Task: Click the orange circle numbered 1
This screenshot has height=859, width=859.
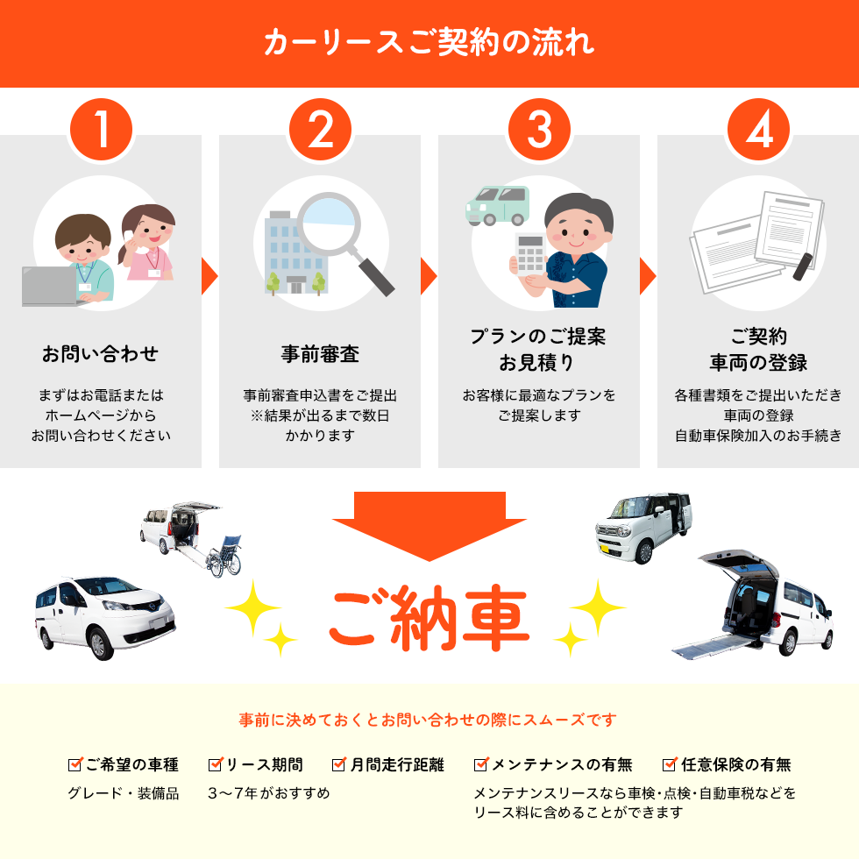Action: click(102, 130)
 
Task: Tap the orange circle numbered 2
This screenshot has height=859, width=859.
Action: click(321, 130)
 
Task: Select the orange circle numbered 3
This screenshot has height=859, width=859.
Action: click(540, 130)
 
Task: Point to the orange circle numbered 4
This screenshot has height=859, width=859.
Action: click(759, 130)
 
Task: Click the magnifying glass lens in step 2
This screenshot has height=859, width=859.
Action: click(329, 224)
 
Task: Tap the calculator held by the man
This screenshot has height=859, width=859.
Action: click(530, 253)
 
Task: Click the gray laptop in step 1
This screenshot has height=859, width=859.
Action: click(51, 287)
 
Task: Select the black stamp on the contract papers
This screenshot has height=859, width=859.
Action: click(803, 266)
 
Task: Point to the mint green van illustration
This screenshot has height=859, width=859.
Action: click(498, 205)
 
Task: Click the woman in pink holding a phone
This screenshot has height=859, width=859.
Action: click(147, 242)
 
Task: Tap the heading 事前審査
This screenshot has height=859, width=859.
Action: click(321, 354)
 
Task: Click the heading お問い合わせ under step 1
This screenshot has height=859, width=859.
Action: click(101, 354)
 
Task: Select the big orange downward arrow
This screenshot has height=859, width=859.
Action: click(429, 526)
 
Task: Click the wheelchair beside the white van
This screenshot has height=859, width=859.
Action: click(224, 556)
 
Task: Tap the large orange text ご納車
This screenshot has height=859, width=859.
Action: click(429, 617)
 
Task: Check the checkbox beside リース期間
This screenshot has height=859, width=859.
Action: click(216, 764)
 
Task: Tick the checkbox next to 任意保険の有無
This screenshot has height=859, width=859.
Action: click(670, 764)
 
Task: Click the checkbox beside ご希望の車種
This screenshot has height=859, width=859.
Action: click(75, 764)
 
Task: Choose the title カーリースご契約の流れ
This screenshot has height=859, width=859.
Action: click(429, 42)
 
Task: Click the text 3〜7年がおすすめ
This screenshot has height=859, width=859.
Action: click(269, 793)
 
